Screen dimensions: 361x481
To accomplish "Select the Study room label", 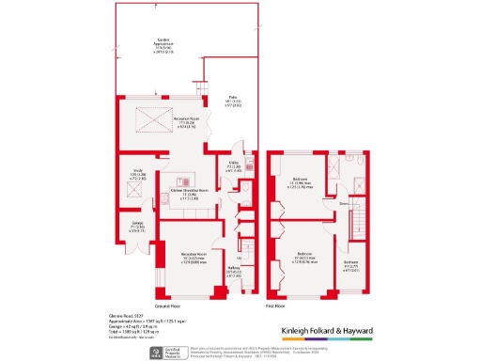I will tap(136, 175).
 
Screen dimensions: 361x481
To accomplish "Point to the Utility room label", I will tap(234, 167).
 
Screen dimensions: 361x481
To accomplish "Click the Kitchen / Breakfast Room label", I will tap(190, 194).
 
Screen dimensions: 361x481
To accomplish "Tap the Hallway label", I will tap(235, 274).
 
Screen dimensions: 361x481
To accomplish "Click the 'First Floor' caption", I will tap(299, 307).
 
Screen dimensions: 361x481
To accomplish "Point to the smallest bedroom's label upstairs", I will tap(350, 267).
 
